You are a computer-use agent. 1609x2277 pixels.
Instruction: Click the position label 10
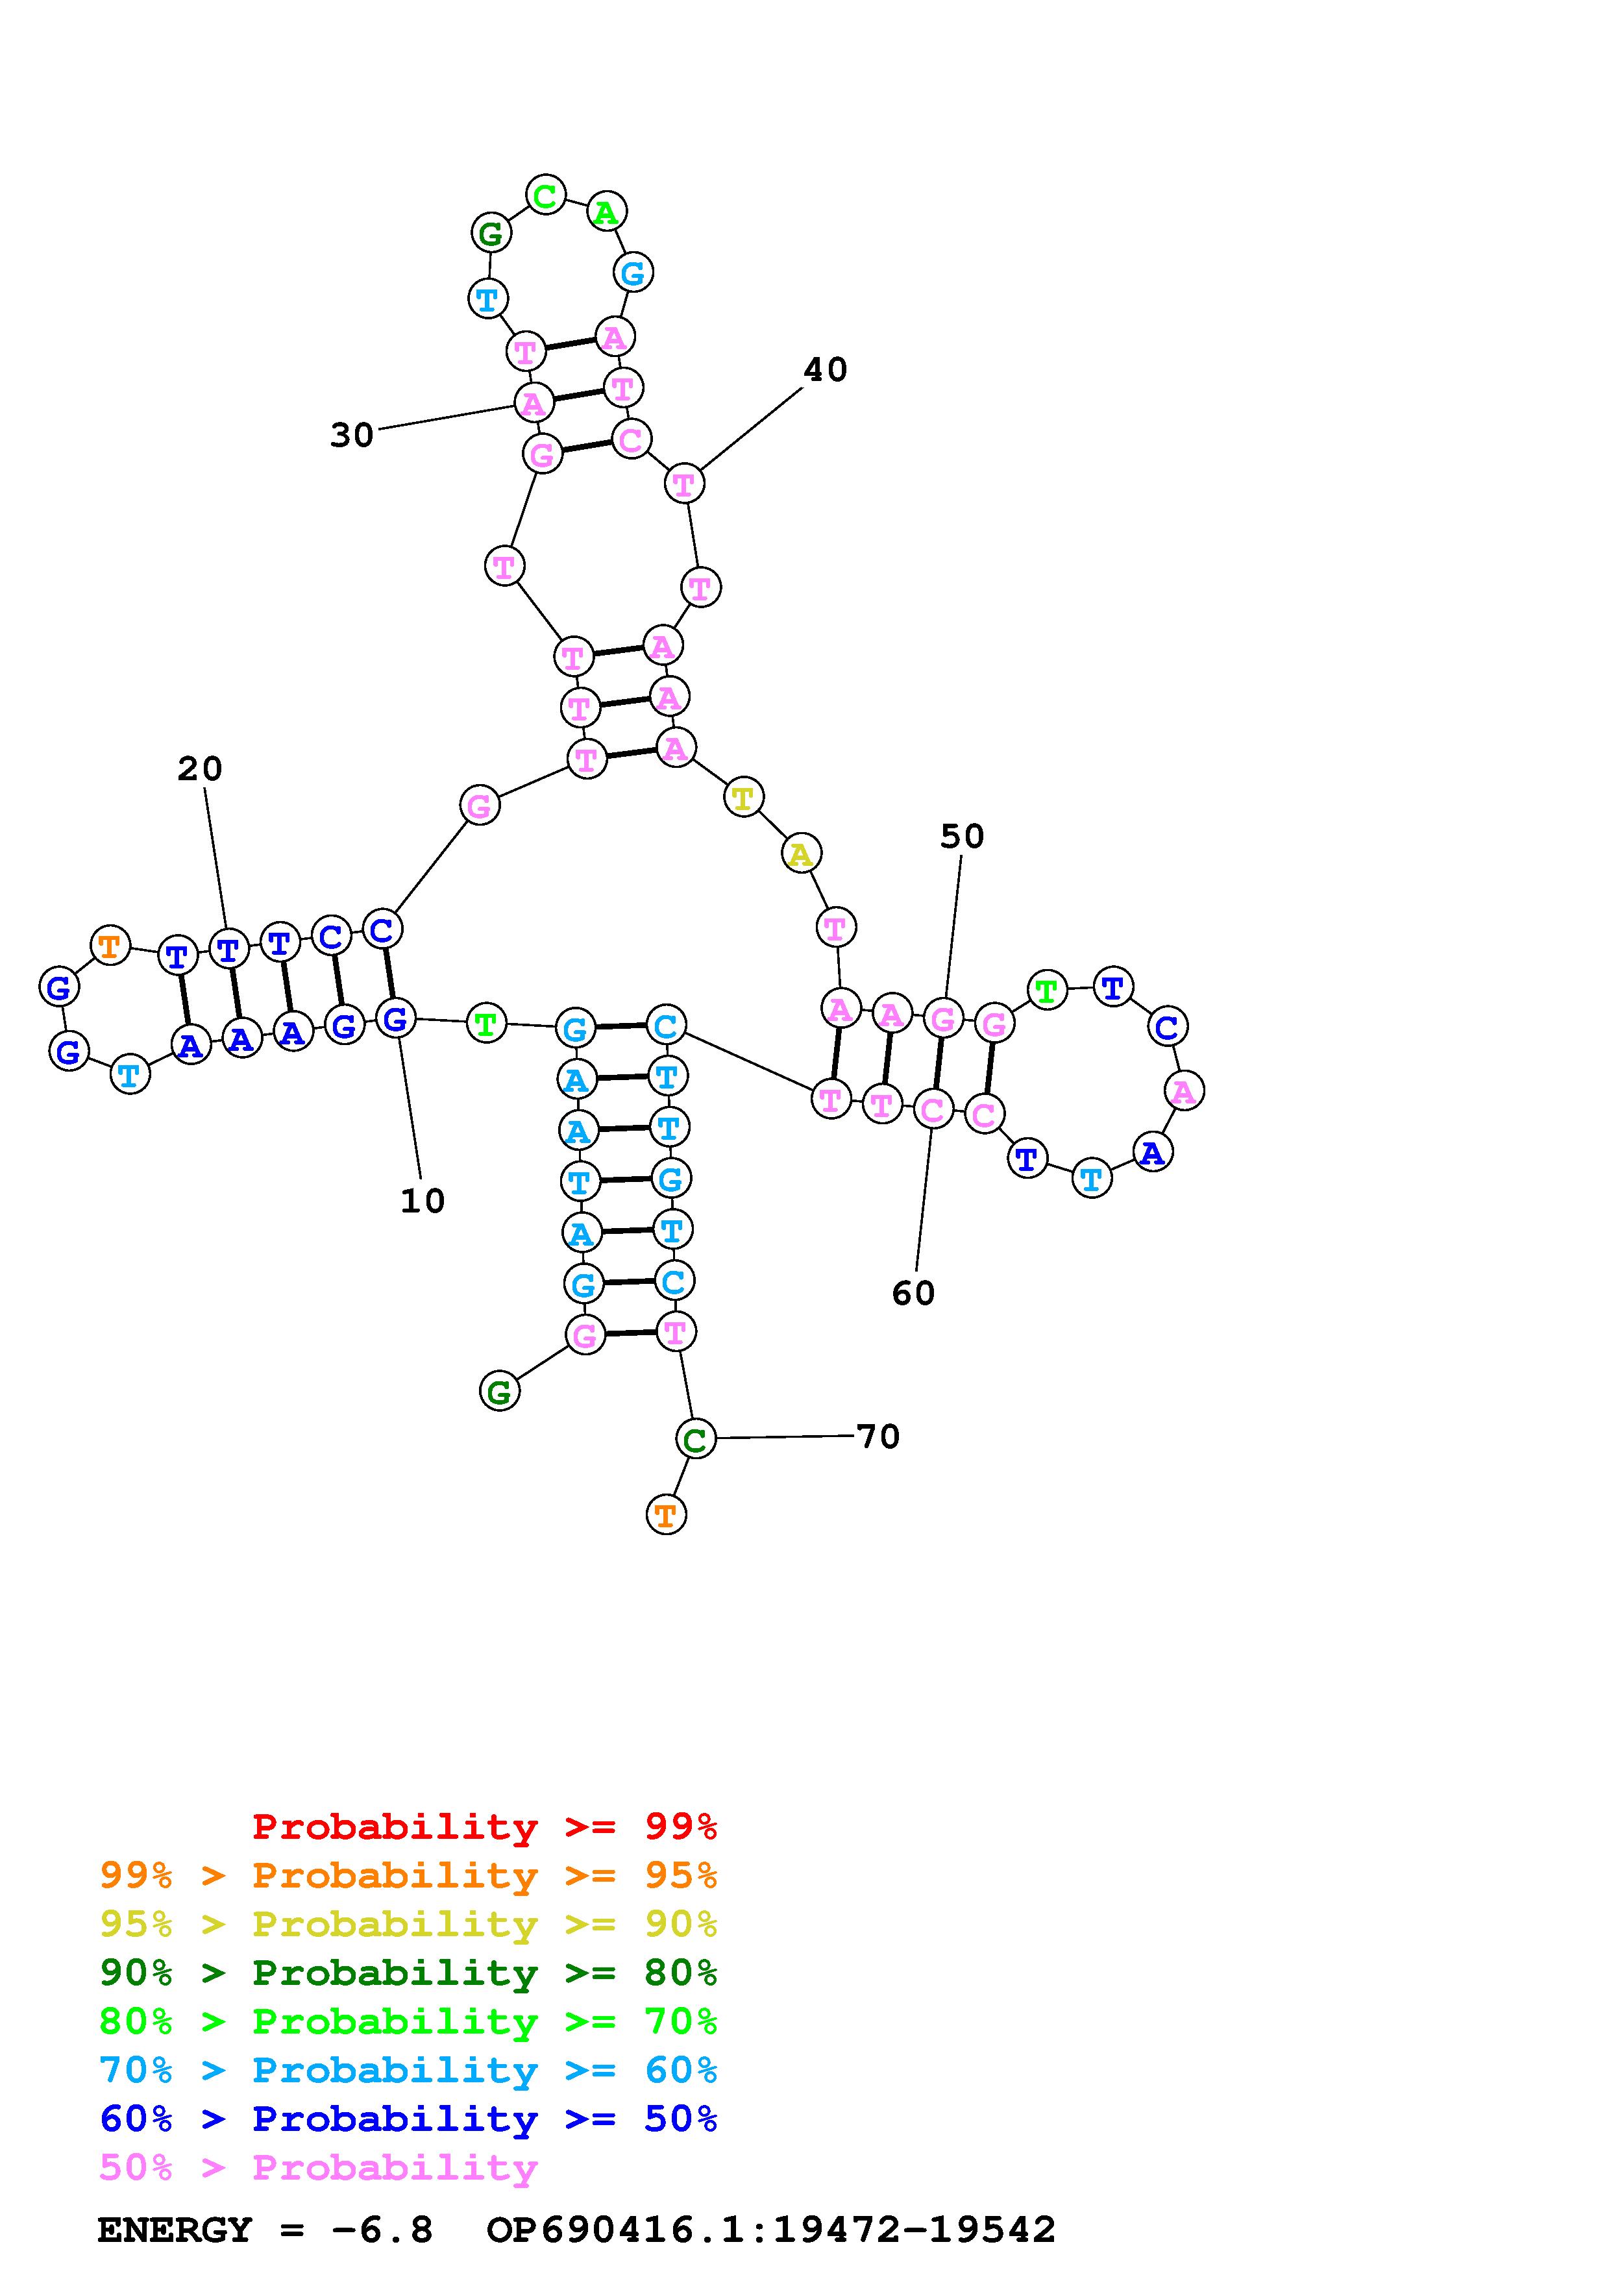pyautogui.click(x=423, y=1201)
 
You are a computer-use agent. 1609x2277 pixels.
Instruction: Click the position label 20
pyautogui.click(x=199, y=769)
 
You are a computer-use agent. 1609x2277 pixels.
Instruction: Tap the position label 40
pyautogui.click(x=825, y=370)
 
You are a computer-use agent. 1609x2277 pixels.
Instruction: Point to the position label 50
pyautogui.click(x=962, y=837)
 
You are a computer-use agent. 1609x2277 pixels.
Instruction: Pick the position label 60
pyautogui.click(x=913, y=1293)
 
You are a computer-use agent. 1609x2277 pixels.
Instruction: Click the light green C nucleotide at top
pyautogui.click(x=545, y=195)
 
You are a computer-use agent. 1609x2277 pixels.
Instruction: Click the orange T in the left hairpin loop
pyautogui.click(x=110, y=946)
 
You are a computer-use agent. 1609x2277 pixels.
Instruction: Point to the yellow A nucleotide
pyautogui.click(x=801, y=854)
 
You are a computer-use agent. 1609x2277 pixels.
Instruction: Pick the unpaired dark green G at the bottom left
pyautogui.click(x=500, y=1392)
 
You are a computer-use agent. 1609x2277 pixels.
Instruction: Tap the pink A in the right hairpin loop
pyautogui.click(x=1183, y=1092)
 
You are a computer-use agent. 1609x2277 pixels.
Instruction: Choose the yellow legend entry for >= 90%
pyautogui.click(x=408, y=1923)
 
